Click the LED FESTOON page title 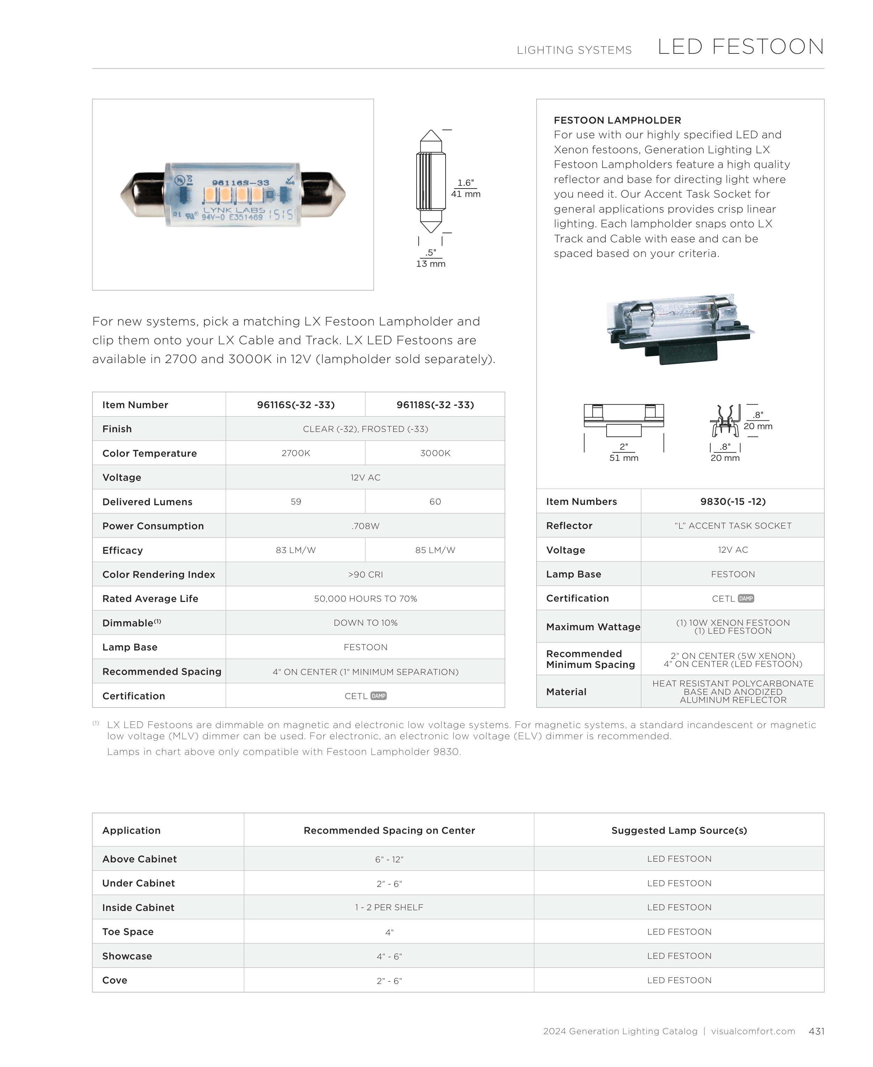(740, 47)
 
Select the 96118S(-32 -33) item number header (435, 405)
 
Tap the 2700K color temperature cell (296, 453)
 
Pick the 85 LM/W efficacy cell (435, 550)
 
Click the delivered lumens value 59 (296, 502)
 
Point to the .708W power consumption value (366, 526)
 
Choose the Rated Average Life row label (150, 598)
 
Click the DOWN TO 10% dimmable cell (366, 623)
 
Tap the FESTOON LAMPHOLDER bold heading (617, 120)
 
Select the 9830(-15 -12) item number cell (733, 501)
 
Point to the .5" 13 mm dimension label (431, 258)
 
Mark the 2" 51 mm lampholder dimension (624, 452)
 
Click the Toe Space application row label (128, 932)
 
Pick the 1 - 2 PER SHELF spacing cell (389, 907)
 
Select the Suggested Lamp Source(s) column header (679, 831)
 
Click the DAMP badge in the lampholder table (746, 598)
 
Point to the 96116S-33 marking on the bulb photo (240, 183)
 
